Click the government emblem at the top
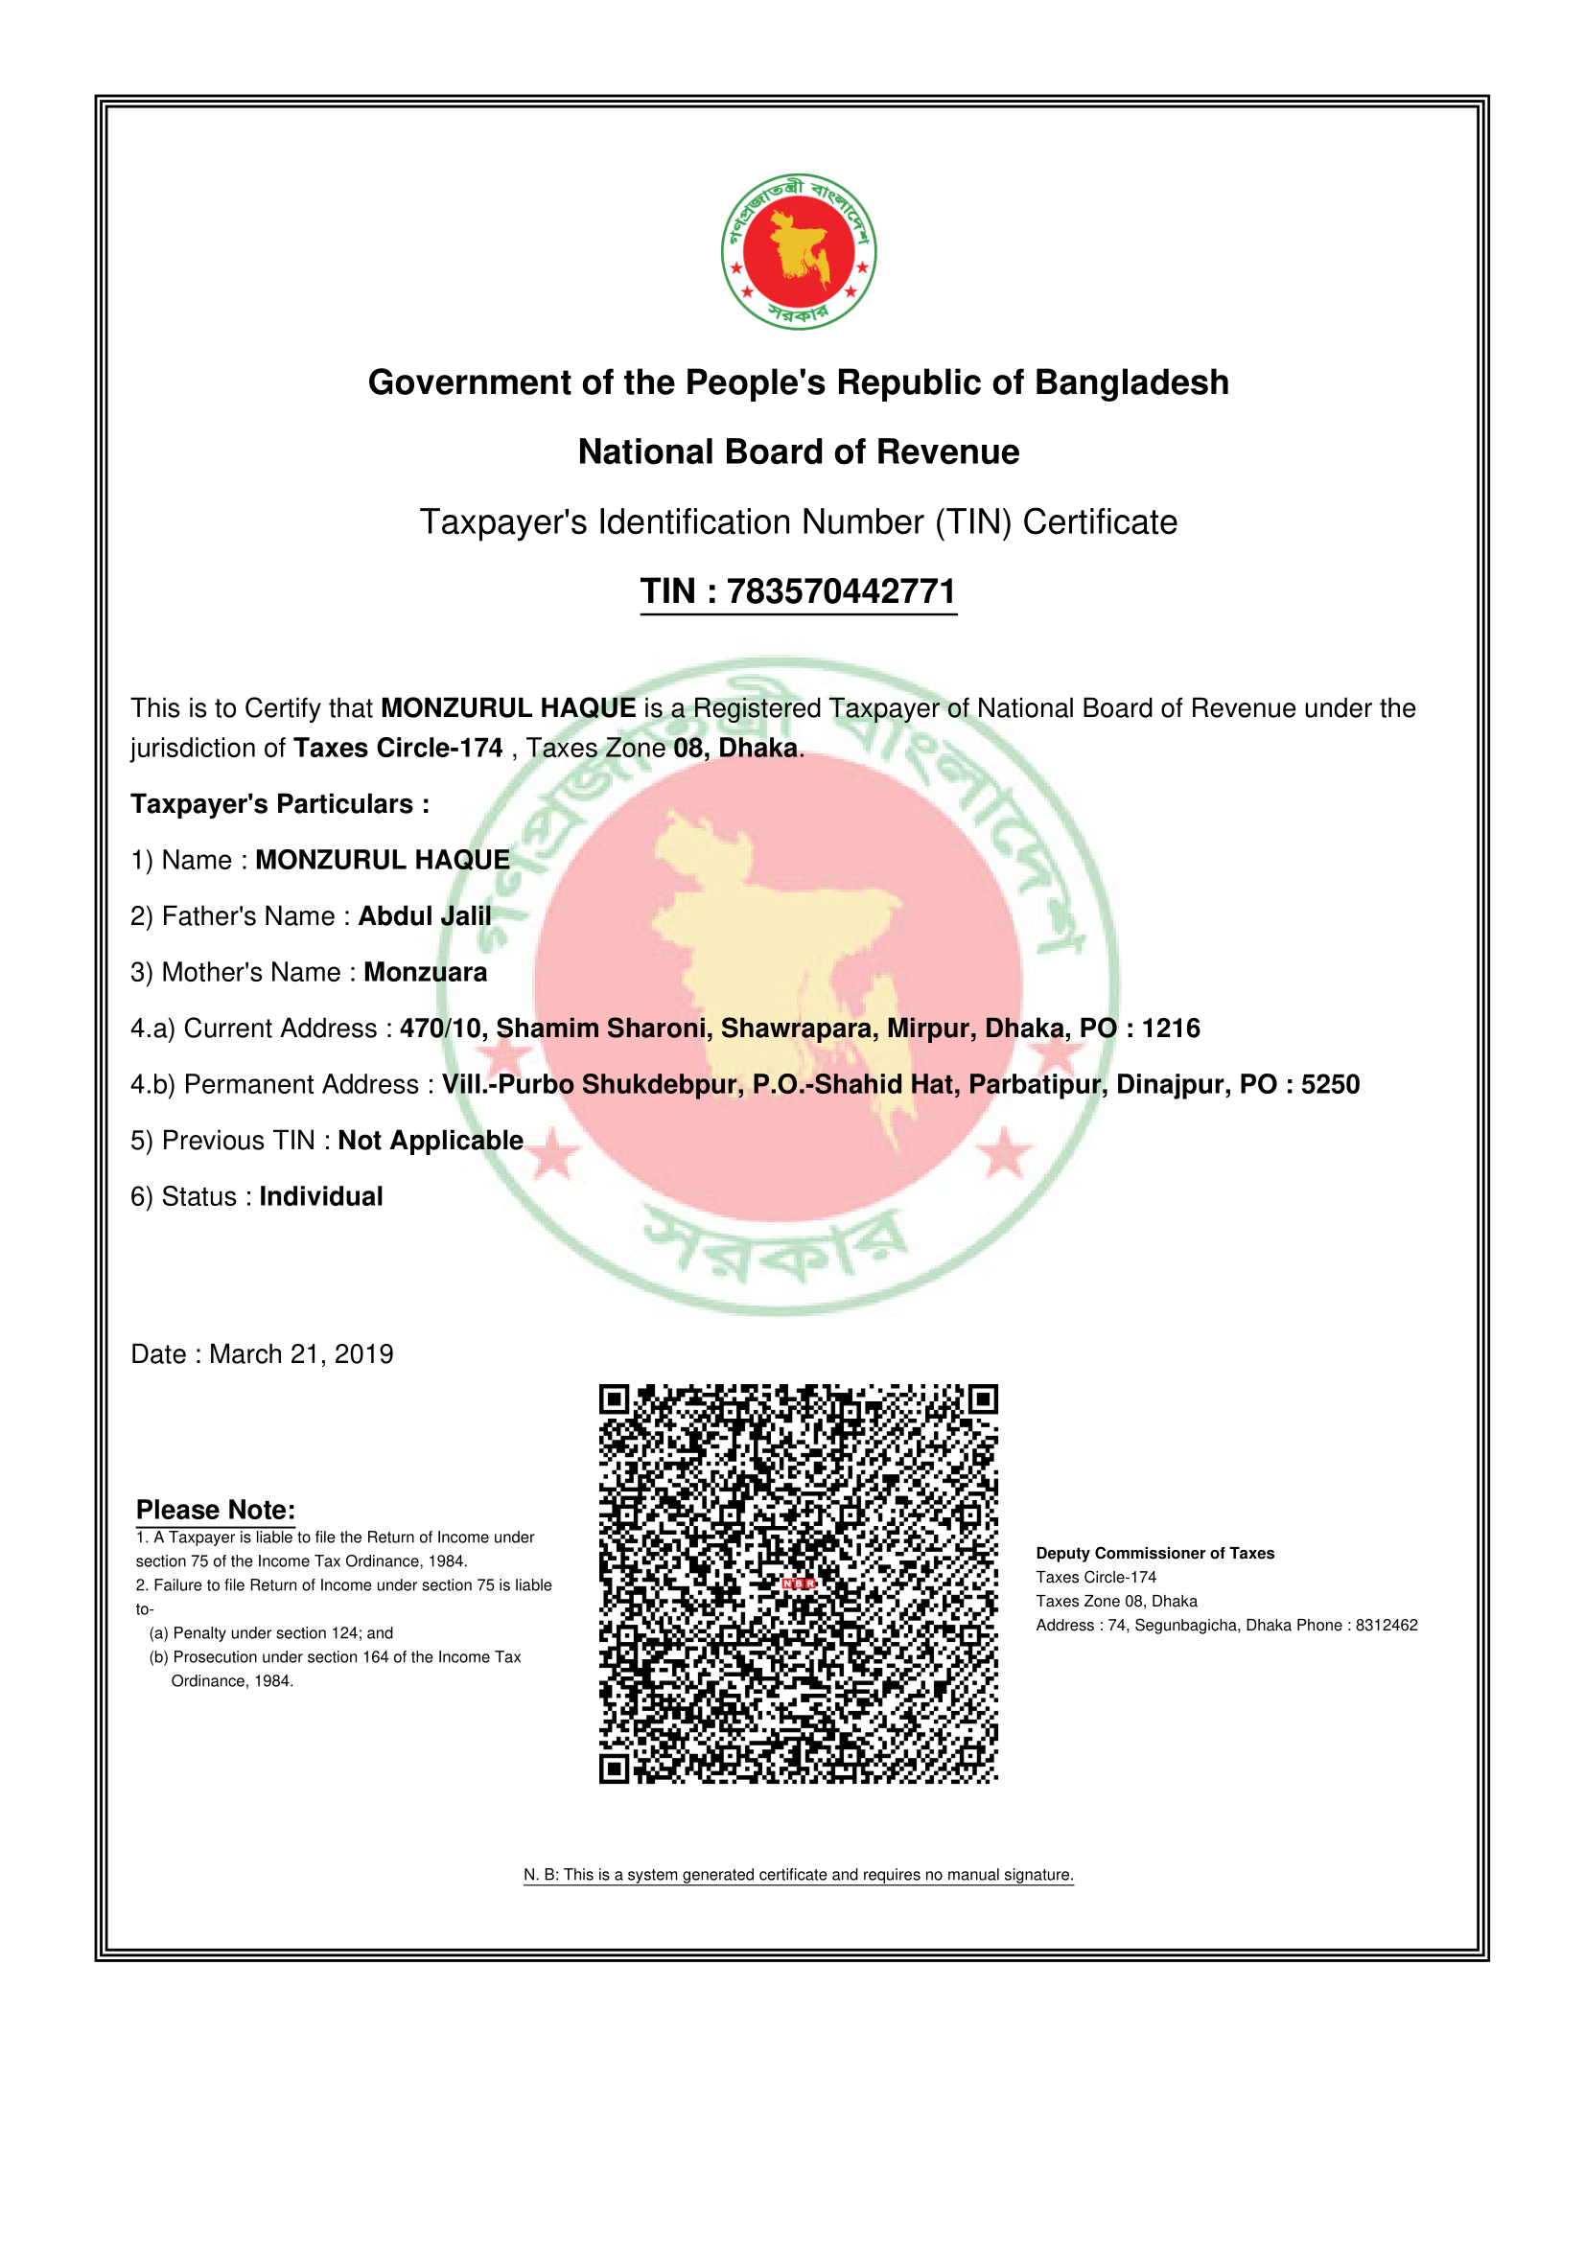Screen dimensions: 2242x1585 798,252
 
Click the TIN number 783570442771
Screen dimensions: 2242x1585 841,591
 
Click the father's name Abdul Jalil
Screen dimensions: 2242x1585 425,916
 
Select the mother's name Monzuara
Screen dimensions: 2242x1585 425,973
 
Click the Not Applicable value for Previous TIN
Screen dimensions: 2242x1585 431,1141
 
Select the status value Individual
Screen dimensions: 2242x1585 321,1197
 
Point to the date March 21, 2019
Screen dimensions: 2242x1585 301,1354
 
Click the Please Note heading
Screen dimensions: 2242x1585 216,1511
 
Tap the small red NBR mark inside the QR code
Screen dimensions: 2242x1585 798,1583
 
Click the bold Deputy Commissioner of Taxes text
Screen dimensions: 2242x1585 1154,1554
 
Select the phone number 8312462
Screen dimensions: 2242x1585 1386,1626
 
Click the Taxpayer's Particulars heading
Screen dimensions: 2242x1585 280,804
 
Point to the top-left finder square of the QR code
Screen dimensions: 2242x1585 614,1400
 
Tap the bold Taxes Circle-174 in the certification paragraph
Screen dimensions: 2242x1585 398,749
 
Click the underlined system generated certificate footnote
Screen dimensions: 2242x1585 798,1875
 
